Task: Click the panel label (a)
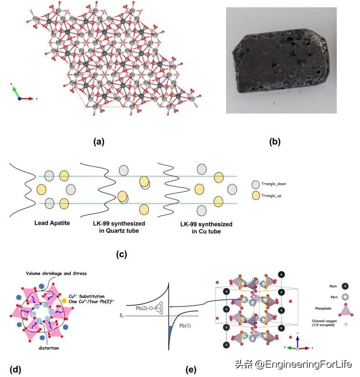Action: pos(98,142)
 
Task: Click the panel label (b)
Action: pos(275,142)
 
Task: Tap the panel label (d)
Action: pos(15,369)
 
